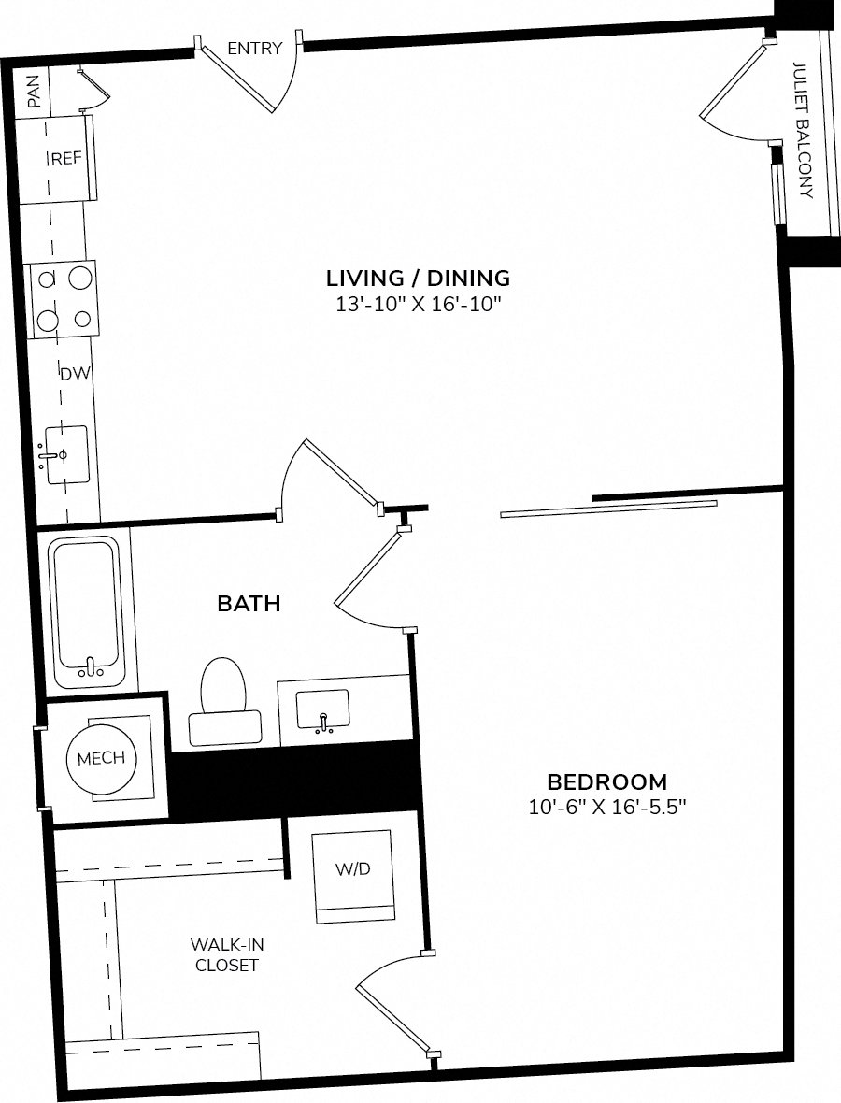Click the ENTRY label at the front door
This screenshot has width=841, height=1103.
254,49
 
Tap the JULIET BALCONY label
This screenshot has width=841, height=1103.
803,130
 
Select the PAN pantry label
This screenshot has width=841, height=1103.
35,92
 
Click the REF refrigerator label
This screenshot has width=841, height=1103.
66,159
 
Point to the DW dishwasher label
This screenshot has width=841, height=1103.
75,374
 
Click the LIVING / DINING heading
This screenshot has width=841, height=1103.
418,278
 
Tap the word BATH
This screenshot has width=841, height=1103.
249,604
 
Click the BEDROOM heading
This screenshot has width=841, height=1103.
606,781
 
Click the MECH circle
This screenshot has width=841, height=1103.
101,758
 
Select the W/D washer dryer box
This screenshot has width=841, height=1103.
352,869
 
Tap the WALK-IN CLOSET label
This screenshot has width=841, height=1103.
226,954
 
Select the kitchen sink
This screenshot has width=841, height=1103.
66,455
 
